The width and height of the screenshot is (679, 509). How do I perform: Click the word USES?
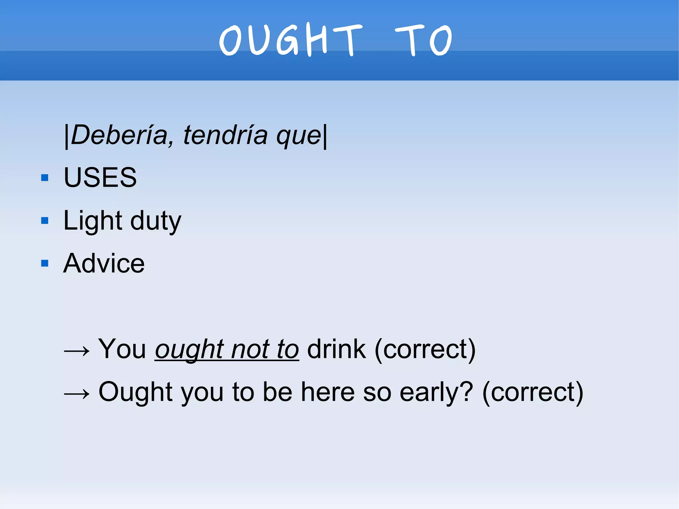(100, 177)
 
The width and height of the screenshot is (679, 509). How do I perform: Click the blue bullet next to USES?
(45, 178)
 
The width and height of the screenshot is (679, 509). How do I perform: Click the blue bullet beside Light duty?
(45, 221)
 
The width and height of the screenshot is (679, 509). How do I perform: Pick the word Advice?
(104, 263)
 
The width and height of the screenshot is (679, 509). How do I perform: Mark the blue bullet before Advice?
(45, 264)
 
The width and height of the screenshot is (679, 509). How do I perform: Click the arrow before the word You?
(77, 351)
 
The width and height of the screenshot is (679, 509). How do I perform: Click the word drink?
(337, 349)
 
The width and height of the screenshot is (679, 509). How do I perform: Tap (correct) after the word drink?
(425, 350)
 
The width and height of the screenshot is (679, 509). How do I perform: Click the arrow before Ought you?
(77, 394)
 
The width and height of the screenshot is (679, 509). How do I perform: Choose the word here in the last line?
(328, 392)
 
